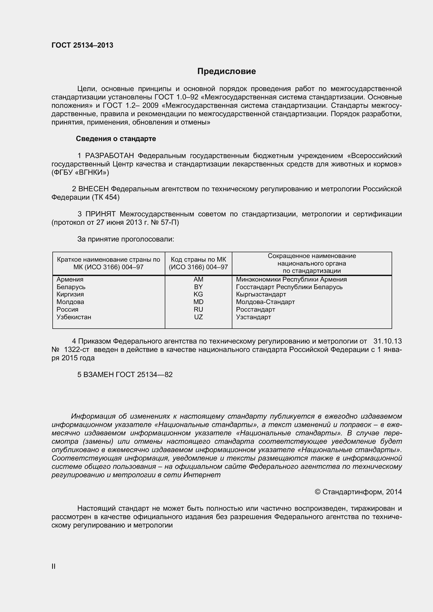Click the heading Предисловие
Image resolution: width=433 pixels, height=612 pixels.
(x=226, y=71)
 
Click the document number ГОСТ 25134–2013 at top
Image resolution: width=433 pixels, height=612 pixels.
(x=82, y=45)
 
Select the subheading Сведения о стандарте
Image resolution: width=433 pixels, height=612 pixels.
(x=116, y=139)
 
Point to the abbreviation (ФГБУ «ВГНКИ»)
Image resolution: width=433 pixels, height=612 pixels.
(x=80, y=172)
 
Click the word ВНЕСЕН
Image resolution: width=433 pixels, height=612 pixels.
(x=93, y=189)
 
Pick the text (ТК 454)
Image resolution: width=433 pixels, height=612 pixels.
(x=105, y=198)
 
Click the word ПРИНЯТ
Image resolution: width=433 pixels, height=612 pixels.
(x=100, y=214)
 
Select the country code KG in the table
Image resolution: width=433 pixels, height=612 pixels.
(x=198, y=294)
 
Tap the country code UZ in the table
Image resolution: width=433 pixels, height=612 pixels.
(x=198, y=317)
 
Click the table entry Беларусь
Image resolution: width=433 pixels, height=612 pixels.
(x=71, y=287)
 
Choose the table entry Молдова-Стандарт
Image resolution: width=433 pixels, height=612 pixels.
(x=265, y=302)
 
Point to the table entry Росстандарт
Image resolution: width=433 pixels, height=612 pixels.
(x=255, y=310)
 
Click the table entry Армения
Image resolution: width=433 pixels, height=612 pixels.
(x=70, y=279)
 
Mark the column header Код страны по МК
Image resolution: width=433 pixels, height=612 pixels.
(x=198, y=260)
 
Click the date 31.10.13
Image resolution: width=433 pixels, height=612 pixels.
(x=387, y=341)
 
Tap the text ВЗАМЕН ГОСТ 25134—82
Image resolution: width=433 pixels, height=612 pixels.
(x=125, y=374)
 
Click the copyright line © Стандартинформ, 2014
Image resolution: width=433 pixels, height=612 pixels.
(x=358, y=492)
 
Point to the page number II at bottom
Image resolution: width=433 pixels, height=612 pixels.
(x=53, y=567)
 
